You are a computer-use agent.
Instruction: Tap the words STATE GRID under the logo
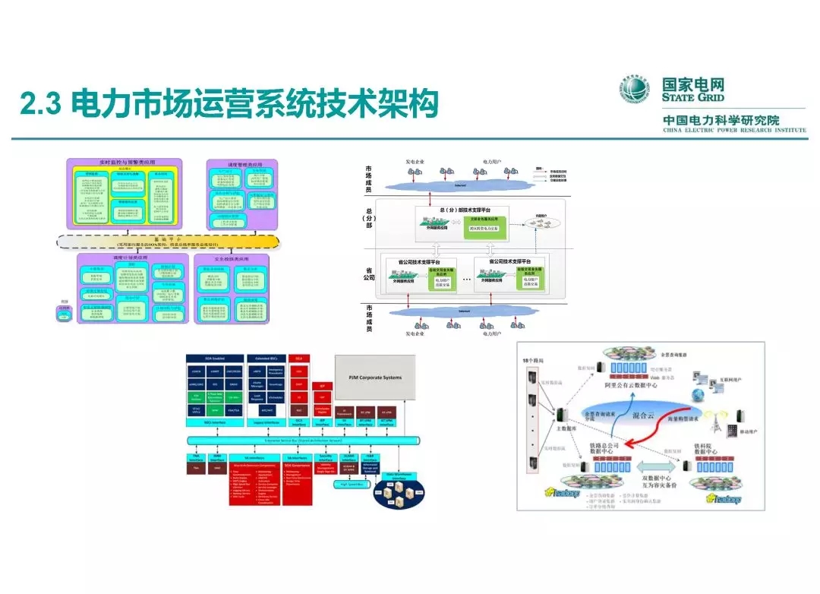tap(692, 98)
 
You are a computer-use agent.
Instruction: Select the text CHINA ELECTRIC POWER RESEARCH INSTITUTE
tap(734, 131)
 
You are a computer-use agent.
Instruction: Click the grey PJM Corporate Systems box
tap(380, 378)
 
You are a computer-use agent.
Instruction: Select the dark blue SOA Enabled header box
tap(216, 358)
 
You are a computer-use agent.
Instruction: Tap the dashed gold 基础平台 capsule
tap(169, 242)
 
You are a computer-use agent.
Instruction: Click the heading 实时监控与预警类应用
tap(125, 163)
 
